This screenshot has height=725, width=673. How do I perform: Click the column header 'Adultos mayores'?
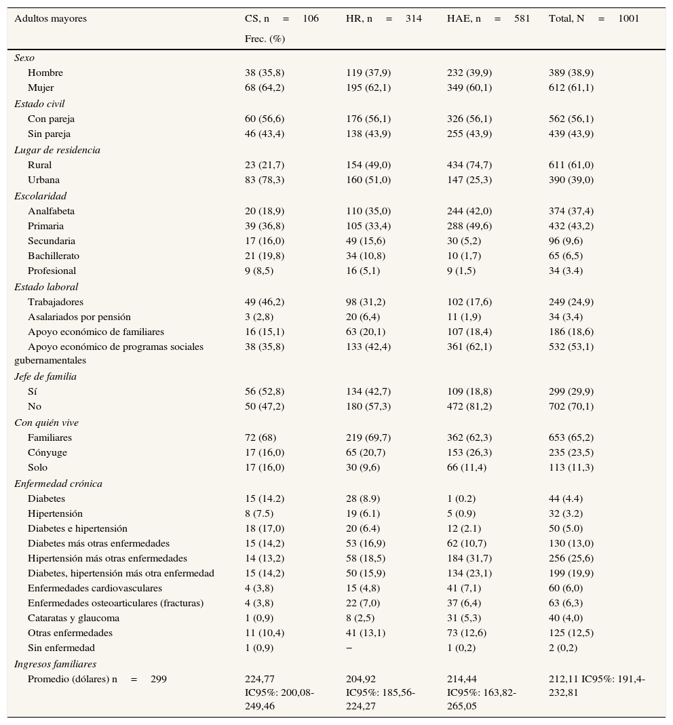51,19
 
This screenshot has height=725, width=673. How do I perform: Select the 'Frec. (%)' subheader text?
265,39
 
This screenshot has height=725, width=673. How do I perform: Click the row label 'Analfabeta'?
52,211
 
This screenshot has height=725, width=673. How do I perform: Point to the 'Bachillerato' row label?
54,256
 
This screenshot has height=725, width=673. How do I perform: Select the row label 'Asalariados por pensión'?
79,317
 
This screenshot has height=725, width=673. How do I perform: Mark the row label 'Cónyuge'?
47,452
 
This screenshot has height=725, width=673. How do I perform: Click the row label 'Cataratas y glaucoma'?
73,618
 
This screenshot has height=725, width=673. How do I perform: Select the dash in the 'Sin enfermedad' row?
349,648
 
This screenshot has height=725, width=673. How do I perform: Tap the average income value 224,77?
260,679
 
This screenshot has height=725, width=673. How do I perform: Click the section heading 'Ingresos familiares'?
56,664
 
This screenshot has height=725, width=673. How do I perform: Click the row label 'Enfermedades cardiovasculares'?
95,588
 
